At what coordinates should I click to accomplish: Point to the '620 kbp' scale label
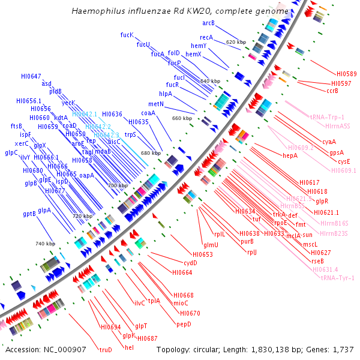(236, 42)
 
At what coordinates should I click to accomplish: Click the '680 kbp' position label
(151, 153)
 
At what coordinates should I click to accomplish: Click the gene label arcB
(208, 23)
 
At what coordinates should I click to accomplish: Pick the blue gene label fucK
(127, 35)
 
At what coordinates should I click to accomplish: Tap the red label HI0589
(346, 74)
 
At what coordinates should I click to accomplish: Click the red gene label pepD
(184, 324)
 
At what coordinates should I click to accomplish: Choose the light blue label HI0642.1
(85, 113)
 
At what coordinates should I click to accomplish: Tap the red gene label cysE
(344, 161)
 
